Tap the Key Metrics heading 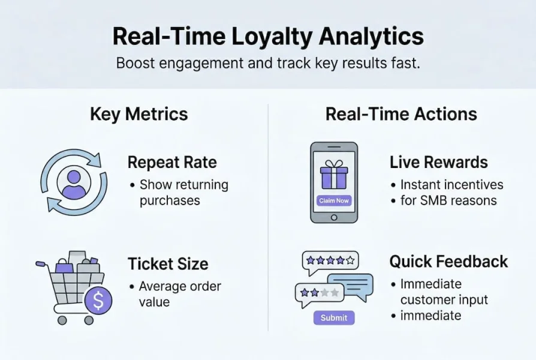139,114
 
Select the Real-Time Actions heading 401,114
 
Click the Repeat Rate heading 172,162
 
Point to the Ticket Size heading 168,264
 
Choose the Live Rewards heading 439,162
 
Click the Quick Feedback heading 448,262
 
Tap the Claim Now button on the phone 333,200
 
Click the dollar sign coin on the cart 98,301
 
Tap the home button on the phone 334,217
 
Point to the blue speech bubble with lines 350,287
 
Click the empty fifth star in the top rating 350,261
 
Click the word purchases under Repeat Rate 170,200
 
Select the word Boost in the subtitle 135,64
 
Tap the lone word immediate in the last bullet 430,316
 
